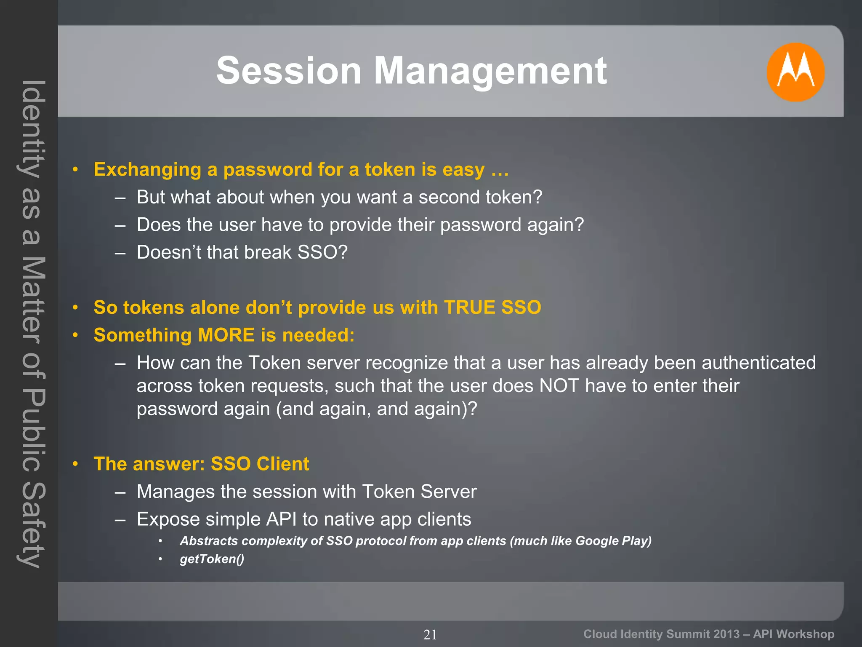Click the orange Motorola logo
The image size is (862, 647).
coord(795,72)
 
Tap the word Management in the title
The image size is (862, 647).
coord(490,71)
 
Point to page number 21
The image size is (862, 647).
coord(430,634)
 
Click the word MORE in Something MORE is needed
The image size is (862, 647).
coord(226,335)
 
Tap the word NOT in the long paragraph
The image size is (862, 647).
coord(559,386)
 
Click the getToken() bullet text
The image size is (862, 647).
coord(212,559)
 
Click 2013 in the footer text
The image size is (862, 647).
coord(726,634)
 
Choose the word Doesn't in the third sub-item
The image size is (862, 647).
coord(168,252)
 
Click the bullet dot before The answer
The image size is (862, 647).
coord(75,464)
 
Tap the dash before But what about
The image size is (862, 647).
coord(120,198)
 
